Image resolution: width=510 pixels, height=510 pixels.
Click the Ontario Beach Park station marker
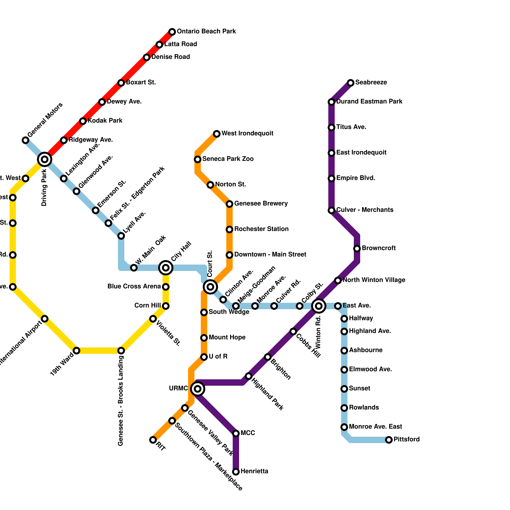pyautogui.click(x=172, y=32)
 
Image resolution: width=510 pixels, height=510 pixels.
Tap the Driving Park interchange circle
pyautogui.click(x=45, y=159)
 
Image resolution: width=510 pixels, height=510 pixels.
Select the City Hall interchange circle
pyautogui.click(x=166, y=268)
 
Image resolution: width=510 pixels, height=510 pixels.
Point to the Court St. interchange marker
pyautogui.click(x=210, y=287)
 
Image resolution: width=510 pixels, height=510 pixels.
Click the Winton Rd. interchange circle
pyautogui.click(x=319, y=306)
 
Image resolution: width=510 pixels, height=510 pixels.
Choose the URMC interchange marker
pyautogui.click(x=198, y=389)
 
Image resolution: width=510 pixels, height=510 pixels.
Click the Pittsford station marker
pyautogui.click(x=389, y=440)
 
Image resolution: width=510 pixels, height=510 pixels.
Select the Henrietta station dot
pyautogui.click(x=236, y=472)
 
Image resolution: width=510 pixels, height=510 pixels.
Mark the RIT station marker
pyautogui.click(x=153, y=440)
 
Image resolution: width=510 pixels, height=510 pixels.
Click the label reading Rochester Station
pyautogui.click(x=261, y=229)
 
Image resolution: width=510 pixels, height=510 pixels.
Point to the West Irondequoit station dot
pyautogui.click(x=217, y=134)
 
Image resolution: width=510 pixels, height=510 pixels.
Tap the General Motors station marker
pyautogui.click(x=25, y=140)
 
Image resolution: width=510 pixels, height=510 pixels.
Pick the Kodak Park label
pyautogui.click(x=105, y=121)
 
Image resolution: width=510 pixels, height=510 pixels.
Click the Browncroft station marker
pyautogui.click(x=357, y=249)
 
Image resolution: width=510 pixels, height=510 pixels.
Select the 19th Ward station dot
pyautogui.click(x=76, y=351)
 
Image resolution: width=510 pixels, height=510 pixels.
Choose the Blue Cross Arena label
pyautogui.click(x=134, y=287)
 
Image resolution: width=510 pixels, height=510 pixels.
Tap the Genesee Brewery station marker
pyautogui.click(x=229, y=204)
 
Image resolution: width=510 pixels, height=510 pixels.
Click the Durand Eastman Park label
pyautogui.click(x=369, y=102)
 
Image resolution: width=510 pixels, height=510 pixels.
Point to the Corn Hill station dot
pyautogui.click(x=166, y=306)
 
